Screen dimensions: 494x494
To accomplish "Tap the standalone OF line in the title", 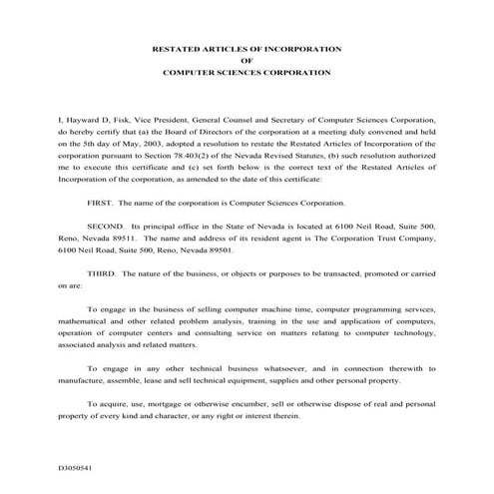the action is [247, 61].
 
